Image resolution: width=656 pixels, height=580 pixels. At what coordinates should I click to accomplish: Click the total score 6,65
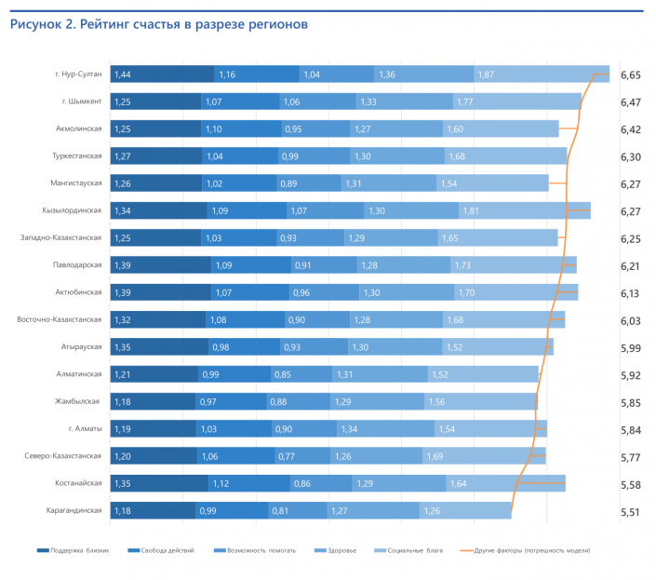(630, 74)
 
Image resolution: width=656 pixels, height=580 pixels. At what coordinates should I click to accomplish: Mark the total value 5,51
(630, 511)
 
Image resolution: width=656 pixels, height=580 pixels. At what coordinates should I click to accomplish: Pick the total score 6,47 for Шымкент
(630, 101)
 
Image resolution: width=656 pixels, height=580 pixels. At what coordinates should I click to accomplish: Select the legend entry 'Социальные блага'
(414, 551)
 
